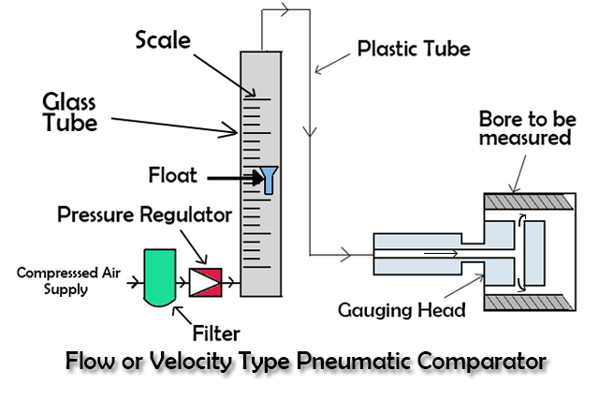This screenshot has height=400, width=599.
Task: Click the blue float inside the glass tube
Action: click(x=270, y=179)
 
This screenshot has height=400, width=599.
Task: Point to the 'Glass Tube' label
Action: click(x=70, y=111)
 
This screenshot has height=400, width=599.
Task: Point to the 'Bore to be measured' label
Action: click(x=524, y=128)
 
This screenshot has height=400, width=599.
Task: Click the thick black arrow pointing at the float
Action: click(x=228, y=176)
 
